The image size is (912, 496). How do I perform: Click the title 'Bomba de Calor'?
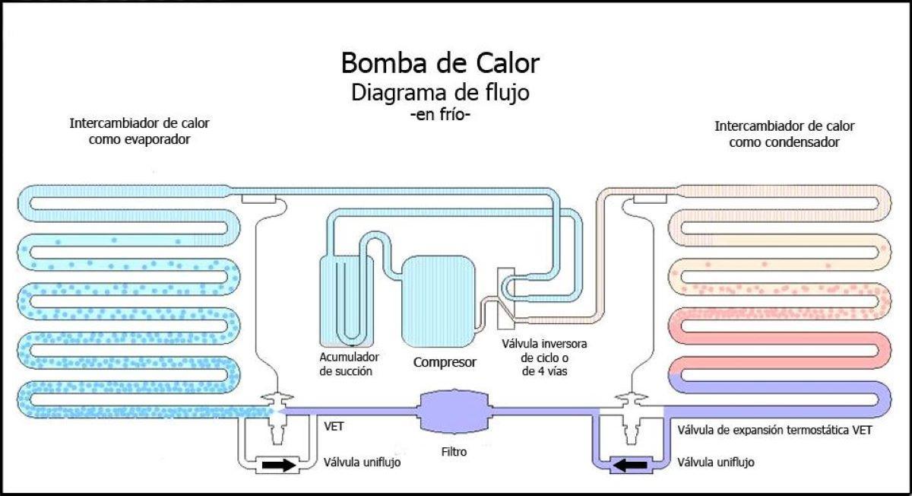click(441, 62)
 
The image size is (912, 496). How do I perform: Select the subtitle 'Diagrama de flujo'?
click(440, 93)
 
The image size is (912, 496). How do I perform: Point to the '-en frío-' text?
click(440, 116)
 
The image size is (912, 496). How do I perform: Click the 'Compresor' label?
click(445, 362)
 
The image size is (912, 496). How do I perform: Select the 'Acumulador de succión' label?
click(349, 364)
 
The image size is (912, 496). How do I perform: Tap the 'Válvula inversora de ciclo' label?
click(544, 357)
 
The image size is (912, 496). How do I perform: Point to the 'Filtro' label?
click(453, 451)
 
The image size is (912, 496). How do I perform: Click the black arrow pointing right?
click(277, 465)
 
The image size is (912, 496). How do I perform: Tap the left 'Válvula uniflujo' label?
click(362, 462)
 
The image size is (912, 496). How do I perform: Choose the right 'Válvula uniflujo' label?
click(716, 462)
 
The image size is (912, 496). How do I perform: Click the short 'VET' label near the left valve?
click(334, 428)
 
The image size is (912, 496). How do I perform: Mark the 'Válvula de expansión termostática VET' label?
click(774, 430)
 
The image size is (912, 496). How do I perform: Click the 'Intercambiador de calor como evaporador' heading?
click(139, 131)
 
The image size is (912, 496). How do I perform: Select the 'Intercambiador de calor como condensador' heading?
click(784, 133)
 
